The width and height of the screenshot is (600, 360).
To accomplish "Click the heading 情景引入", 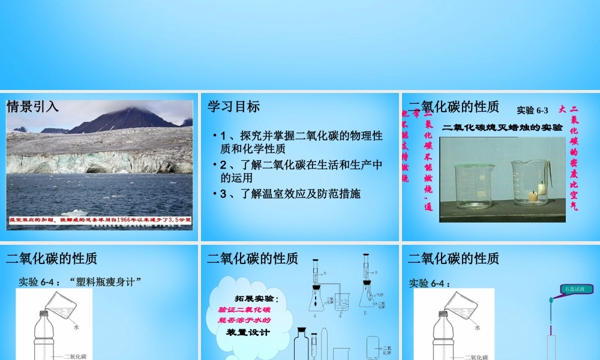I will [x=33, y=107].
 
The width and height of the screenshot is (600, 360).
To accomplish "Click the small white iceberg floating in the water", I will [x=78, y=212].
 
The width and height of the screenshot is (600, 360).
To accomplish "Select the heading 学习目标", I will [x=234, y=107].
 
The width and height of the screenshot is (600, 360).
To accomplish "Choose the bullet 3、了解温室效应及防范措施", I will [x=290, y=194].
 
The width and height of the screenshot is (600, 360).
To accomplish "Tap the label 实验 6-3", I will [x=532, y=110].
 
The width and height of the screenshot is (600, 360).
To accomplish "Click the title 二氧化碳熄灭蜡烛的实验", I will [x=502, y=127].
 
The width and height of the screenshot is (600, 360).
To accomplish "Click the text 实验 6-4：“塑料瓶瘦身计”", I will [x=79, y=281].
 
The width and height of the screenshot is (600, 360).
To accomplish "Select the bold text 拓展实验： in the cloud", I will [x=256, y=299].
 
